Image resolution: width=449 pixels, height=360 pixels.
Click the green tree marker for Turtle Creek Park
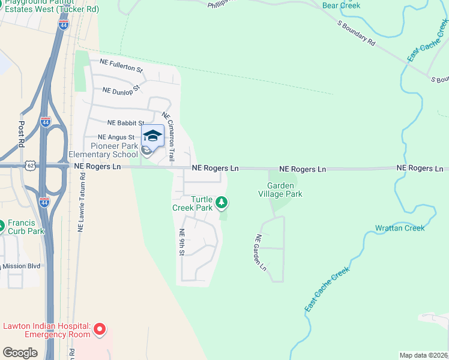point(221,203)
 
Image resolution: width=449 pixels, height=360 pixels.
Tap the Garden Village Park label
point(280,190)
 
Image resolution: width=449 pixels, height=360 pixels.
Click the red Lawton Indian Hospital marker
point(100,329)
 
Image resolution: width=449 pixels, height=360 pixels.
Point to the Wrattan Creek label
point(399,228)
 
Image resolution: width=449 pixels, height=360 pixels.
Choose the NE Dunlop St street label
point(121,89)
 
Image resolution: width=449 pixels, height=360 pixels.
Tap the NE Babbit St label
point(125,123)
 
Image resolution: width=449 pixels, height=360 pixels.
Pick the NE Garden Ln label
point(261,251)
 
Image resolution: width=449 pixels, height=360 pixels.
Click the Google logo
point(20,353)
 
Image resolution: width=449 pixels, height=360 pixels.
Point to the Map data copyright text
point(424,355)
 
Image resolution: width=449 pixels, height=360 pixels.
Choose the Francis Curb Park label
point(26,227)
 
